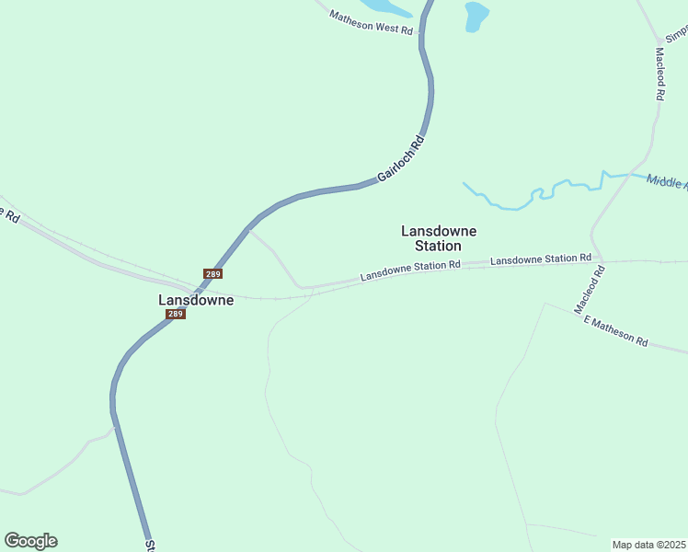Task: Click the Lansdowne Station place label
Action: (438, 238)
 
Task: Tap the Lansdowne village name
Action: (196, 300)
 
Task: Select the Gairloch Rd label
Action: (403, 157)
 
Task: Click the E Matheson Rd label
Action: (615, 331)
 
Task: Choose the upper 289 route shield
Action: (212, 274)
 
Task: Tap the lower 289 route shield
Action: (176, 314)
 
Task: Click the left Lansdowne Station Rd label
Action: (409, 270)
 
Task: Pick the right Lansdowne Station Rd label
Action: (540, 260)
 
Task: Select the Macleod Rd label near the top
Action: (659, 74)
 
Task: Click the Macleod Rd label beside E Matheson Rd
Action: (590, 290)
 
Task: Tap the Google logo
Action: (30, 541)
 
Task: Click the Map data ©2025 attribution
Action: (648, 545)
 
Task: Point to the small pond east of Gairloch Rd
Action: (476, 16)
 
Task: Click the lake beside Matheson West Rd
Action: (386, 6)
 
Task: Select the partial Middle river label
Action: (666, 181)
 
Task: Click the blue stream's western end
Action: (464, 183)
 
